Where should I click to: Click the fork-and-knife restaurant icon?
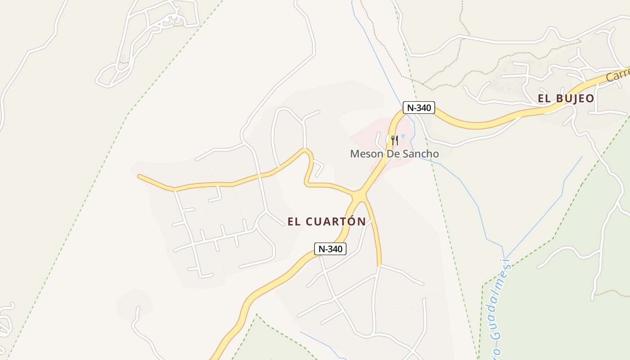pyautogui.click(x=394, y=140)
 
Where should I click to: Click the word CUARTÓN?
pyautogui.click(x=336, y=221)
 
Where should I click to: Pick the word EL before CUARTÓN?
pyautogui.click(x=294, y=221)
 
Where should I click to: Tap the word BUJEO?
pyautogui.click(x=574, y=99)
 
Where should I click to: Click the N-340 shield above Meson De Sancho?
pyautogui.click(x=418, y=108)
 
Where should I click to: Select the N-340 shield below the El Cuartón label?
pyautogui.click(x=330, y=249)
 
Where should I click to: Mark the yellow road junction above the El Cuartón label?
pyautogui.click(x=359, y=197)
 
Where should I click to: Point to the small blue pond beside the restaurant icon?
pyautogui.click(x=403, y=136)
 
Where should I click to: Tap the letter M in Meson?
pyautogui.click(x=355, y=154)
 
